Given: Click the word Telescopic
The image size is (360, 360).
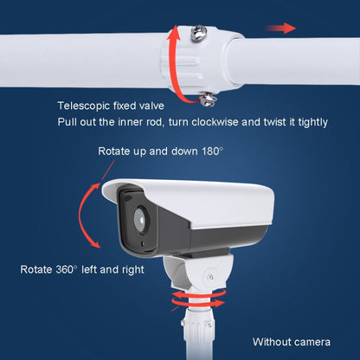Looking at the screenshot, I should click(x=82, y=106).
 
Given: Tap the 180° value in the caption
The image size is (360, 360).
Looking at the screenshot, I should click(x=210, y=151).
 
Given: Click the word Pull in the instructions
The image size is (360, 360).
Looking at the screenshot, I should click(x=67, y=123).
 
